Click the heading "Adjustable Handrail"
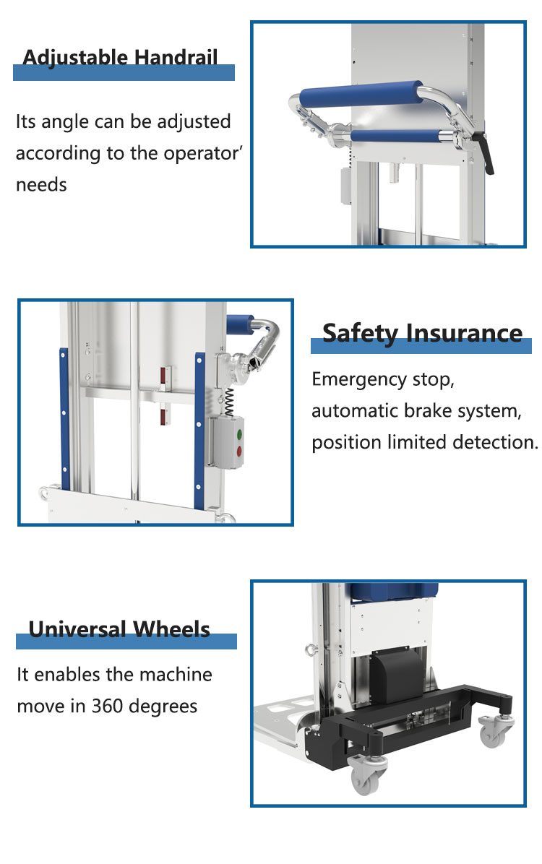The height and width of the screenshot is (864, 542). pos(120,57)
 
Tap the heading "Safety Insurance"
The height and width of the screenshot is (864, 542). pos(422,333)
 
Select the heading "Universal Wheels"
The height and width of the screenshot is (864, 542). pos(119,628)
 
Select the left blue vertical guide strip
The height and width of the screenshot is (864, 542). pos(64,419)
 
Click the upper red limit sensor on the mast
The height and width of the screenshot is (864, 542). pos(164,375)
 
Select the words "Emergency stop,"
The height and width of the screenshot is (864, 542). pos(382,380)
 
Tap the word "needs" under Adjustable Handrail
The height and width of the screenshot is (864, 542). pos(41,185)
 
